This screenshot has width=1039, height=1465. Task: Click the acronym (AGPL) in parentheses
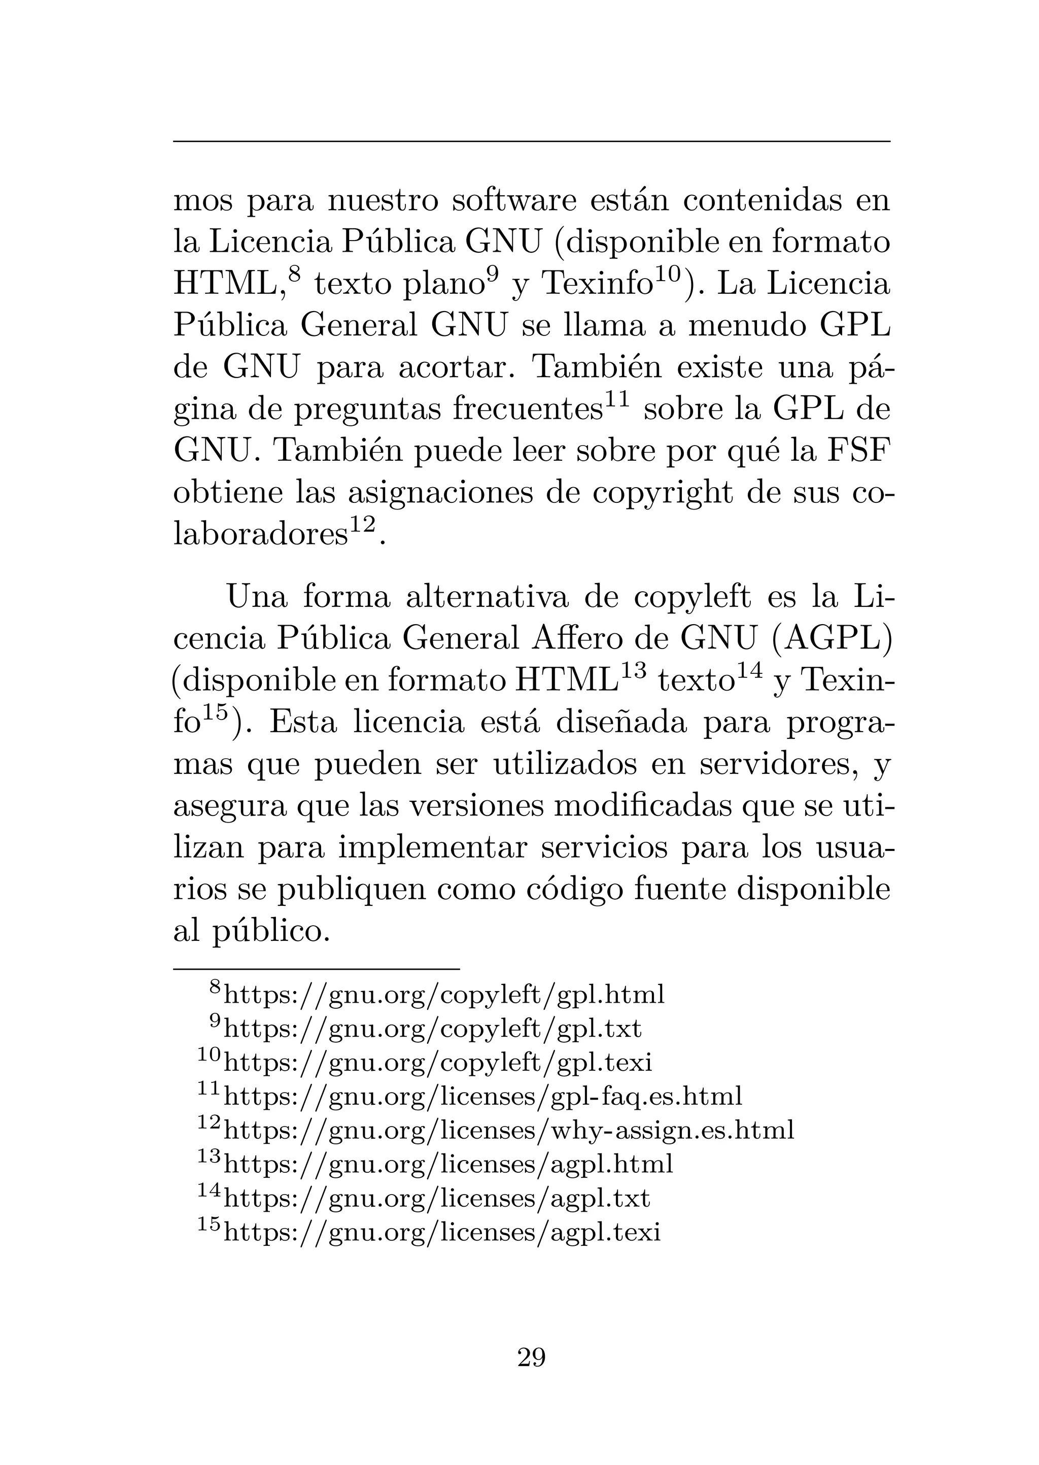[x=831, y=638]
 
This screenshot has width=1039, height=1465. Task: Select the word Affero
[x=599, y=638]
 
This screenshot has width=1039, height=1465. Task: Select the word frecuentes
[x=528, y=410]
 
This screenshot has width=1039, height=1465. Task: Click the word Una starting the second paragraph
[x=257, y=597]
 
